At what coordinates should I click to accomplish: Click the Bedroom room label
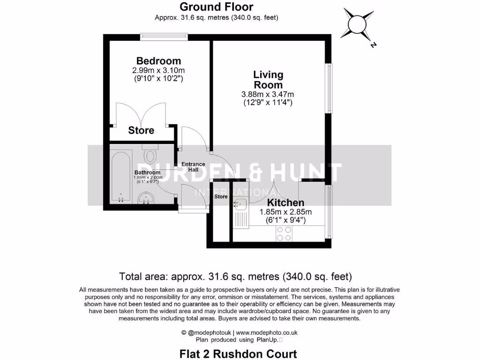(x=158, y=61)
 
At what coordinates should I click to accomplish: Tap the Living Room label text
(x=268, y=80)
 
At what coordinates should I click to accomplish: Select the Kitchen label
(x=285, y=202)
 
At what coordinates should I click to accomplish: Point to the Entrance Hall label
(x=194, y=166)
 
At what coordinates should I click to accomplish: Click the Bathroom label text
(x=148, y=172)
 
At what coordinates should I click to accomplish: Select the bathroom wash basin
(x=148, y=201)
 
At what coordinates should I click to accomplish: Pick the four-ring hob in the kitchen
(x=284, y=233)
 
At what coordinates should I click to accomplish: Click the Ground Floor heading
(x=217, y=7)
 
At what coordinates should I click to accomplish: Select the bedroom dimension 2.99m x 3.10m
(x=158, y=71)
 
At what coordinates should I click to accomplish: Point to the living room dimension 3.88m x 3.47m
(x=268, y=94)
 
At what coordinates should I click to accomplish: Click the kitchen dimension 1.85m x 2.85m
(x=285, y=212)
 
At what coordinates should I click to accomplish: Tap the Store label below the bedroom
(x=141, y=130)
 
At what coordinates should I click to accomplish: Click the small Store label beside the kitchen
(x=221, y=196)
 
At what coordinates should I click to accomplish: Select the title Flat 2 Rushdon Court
(x=238, y=353)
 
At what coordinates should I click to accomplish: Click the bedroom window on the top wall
(x=164, y=35)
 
